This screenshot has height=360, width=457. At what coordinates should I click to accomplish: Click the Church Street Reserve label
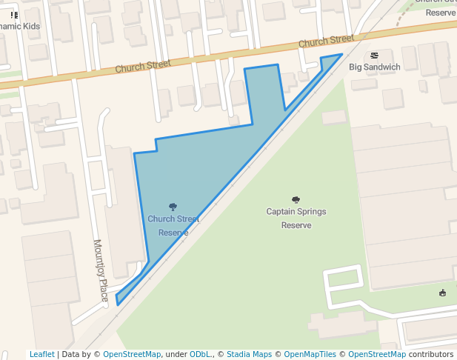(173, 225)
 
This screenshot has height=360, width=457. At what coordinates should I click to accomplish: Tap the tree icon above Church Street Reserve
(173, 207)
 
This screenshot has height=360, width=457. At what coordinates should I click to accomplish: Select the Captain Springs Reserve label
(296, 218)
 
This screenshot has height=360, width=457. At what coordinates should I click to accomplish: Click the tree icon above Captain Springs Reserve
(296, 199)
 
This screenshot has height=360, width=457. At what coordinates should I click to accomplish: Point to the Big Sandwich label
(375, 67)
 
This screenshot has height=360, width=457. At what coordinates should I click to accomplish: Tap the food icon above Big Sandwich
(374, 56)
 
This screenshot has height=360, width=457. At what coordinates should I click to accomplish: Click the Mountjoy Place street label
(101, 270)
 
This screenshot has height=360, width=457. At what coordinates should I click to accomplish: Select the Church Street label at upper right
(327, 41)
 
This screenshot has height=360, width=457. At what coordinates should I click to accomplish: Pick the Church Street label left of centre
(143, 67)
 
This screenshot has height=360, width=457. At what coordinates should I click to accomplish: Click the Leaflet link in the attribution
(41, 355)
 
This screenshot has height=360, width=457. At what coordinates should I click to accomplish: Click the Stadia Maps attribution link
(249, 355)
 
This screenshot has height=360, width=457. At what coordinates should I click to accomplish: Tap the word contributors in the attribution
(431, 355)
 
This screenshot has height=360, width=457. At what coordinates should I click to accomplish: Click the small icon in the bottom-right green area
(443, 293)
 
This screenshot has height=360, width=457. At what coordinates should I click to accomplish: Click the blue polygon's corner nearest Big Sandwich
(341, 54)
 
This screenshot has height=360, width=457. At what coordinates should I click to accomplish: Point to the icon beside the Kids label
(14, 15)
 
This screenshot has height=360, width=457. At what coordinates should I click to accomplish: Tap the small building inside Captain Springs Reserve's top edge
(334, 117)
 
